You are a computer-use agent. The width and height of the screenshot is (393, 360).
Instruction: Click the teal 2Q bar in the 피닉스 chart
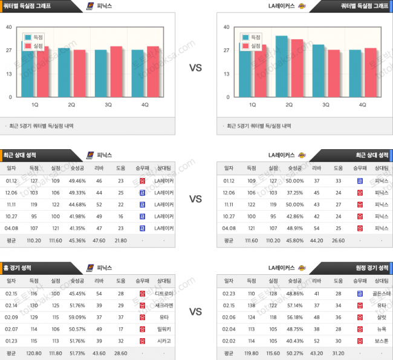point(65,71)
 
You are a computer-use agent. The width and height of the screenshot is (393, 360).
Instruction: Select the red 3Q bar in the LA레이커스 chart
point(333,72)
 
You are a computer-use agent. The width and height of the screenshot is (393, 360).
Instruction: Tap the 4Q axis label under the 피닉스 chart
point(145,104)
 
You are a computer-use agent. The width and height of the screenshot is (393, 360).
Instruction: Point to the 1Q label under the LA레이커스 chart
point(252,104)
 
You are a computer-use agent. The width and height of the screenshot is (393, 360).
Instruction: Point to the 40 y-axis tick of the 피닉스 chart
point(8,27)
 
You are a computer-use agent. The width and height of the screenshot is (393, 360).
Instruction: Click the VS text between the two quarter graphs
point(195,68)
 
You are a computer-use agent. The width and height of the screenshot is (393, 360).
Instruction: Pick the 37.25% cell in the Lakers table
point(294,192)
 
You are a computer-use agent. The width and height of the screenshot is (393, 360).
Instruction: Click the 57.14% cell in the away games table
point(294,306)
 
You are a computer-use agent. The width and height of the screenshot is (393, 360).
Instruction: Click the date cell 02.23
point(229,294)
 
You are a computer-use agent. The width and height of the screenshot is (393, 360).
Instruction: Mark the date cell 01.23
point(11,341)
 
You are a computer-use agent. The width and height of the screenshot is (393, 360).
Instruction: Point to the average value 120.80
point(34,353)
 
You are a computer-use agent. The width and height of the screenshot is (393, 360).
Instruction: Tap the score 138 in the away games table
point(251,306)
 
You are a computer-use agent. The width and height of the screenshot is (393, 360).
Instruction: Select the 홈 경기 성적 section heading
point(18,267)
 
